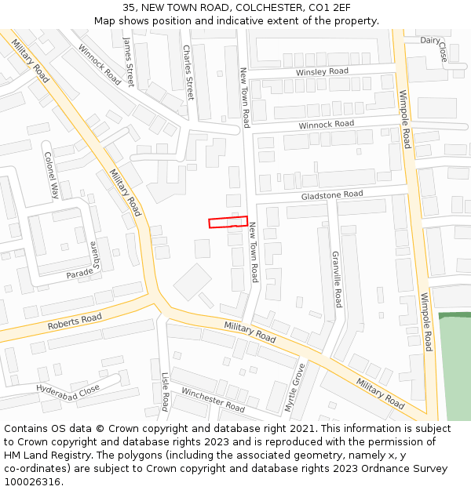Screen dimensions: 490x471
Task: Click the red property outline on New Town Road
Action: (x=228, y=222)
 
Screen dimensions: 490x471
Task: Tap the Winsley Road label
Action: (x=322, y=71)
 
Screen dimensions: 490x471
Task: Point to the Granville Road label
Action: (x=337, y=278)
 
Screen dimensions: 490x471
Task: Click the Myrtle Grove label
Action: (x=296, y=387)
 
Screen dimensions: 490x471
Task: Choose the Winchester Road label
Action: (x=213, y=399)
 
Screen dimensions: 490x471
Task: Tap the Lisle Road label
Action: (x=165, y=391)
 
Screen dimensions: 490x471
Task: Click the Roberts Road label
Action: (x=75, y=321)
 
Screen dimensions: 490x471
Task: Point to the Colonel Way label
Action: (x=51, y=176)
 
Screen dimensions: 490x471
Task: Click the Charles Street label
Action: (x=188, y=71)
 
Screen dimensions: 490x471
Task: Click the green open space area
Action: (x=454, y=368)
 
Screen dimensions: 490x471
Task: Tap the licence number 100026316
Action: (x=31, y=482)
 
